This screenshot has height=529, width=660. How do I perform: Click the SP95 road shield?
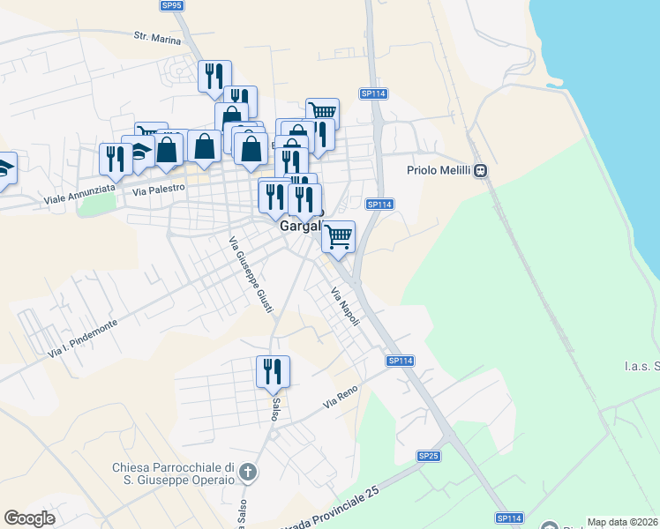[x=172, y=5]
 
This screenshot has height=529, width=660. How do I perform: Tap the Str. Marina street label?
[x=157, y=38]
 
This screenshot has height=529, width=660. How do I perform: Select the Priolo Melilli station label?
[x=439, y=171]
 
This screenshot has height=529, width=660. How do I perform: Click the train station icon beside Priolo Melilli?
[x=481, y=171]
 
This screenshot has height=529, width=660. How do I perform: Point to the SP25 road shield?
[x=429, y=456]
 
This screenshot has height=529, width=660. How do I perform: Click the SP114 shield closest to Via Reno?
[x=400, y=361]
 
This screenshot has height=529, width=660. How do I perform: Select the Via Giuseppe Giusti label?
[x=251, y=275]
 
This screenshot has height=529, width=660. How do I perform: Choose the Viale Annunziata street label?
[x=81, y=196]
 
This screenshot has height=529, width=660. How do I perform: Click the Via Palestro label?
[x=159, y=189]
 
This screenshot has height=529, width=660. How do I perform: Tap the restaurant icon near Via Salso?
[x=273, y=371]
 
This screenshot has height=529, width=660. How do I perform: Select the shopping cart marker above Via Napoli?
[x=339, y=236]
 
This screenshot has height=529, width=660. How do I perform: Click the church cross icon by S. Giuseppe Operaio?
[x=249, y=473]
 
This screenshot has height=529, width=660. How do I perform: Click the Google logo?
[x=29, y=518]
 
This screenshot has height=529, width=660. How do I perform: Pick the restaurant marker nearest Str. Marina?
[x=214, y=77]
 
